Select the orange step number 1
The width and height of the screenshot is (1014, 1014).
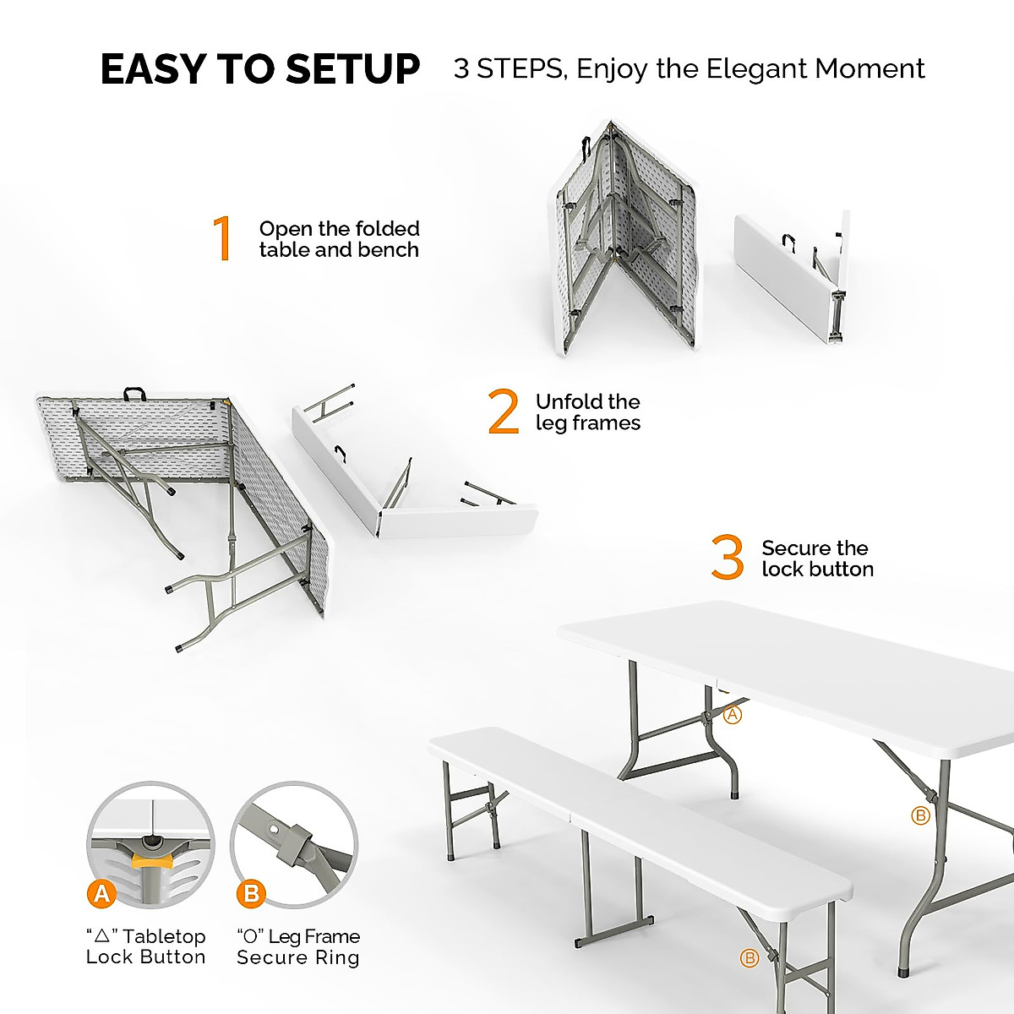[222, 239]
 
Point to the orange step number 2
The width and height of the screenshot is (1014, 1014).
[504, 412]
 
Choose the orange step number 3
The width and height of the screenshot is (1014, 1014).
[728, 559]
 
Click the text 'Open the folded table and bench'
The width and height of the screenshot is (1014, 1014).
[339, 239]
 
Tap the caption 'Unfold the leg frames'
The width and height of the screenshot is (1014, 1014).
[588, 412]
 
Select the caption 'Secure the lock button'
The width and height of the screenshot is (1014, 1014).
[817, 559]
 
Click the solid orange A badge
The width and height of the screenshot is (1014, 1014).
[102, 893]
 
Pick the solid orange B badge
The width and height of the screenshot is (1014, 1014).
[251, 893]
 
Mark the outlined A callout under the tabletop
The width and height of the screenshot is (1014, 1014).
[733, 714]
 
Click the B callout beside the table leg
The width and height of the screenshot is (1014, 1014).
[920, 815]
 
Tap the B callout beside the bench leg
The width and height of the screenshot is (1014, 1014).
[749, 958]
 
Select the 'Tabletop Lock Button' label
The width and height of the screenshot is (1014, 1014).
[146, 946]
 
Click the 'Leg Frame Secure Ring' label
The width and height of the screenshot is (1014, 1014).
[298, 946]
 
